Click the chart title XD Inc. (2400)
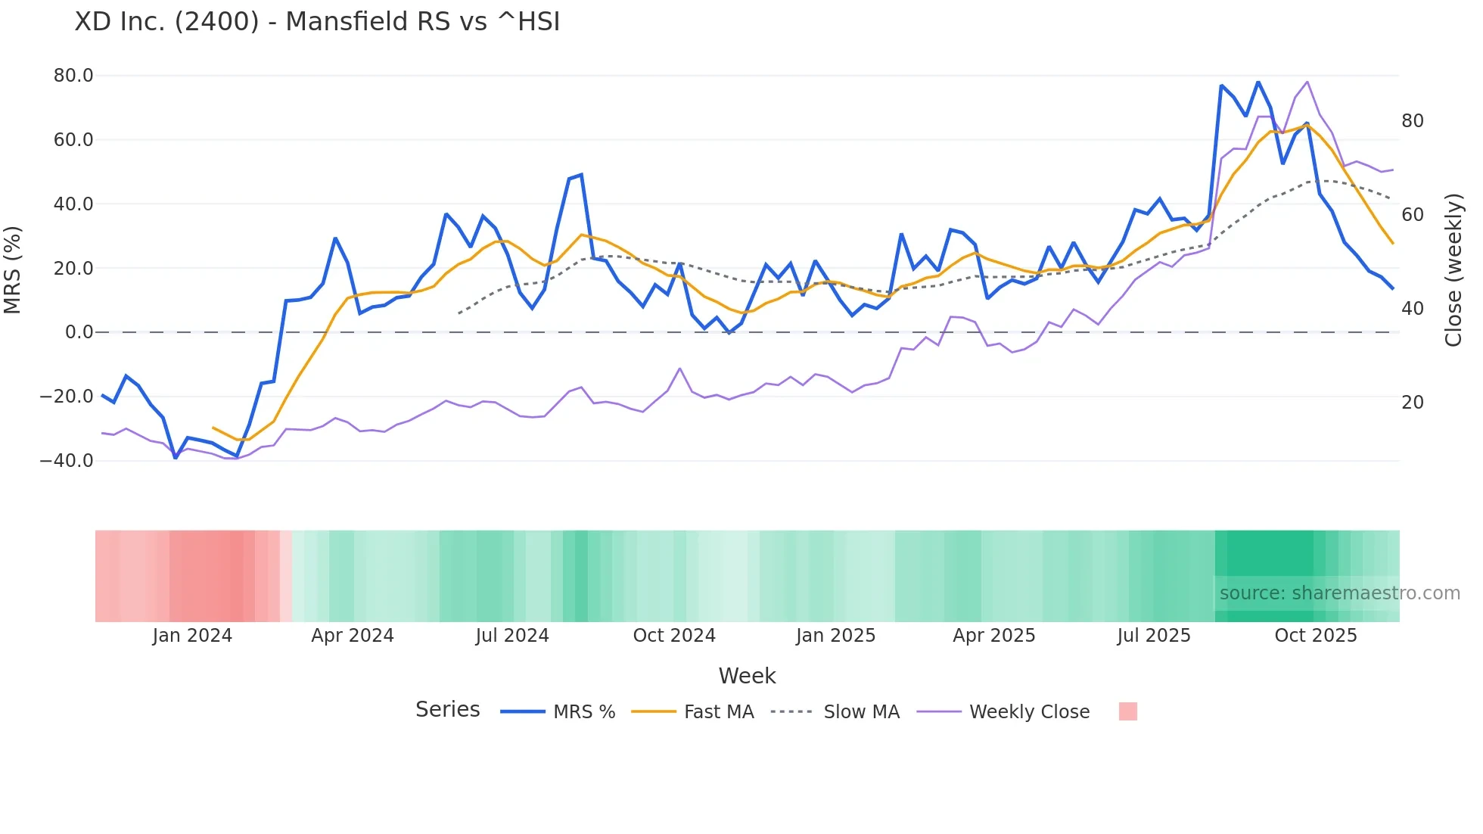pos(317,22)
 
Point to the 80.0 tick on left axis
pos(73,76)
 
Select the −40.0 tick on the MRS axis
pos(67,461)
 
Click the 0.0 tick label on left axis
pos(79,332)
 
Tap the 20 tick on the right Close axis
pos(1412,403)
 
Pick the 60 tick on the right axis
pos(1412,215)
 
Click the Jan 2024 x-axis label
pos(192,636)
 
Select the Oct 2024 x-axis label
pos(674,636)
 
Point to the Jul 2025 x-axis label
pos(1153,636)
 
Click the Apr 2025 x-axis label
pos(993,636)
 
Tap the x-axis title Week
pos(747,676)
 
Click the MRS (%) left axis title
pos(12,269)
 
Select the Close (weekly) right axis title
pos(1453,270)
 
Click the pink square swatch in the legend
pos(1127,711)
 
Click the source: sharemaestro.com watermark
pos(1339,593)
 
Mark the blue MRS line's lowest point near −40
pos(176,458)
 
